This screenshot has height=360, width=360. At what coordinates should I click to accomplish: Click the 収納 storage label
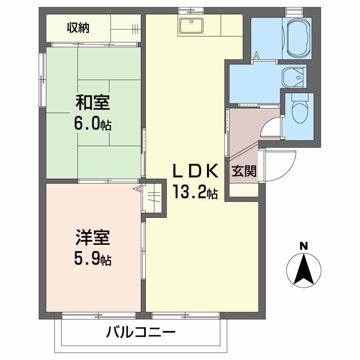click(78, 28)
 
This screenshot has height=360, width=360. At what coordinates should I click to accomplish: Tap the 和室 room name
click(93, 103)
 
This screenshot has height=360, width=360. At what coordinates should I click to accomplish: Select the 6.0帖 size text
click(93, 124)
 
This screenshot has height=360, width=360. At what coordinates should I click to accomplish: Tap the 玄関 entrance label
click(244, 171)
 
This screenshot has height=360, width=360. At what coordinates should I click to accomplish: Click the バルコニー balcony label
click(140, 333)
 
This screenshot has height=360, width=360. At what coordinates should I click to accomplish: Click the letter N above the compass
click(304, 246)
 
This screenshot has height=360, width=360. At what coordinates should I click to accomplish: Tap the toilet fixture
click(298, 110)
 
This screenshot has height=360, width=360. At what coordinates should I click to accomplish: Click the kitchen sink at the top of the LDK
click(192, 26)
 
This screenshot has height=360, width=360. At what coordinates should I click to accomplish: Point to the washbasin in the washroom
click(293, 77)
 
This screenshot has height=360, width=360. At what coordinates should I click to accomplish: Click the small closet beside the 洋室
click(154, 198)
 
